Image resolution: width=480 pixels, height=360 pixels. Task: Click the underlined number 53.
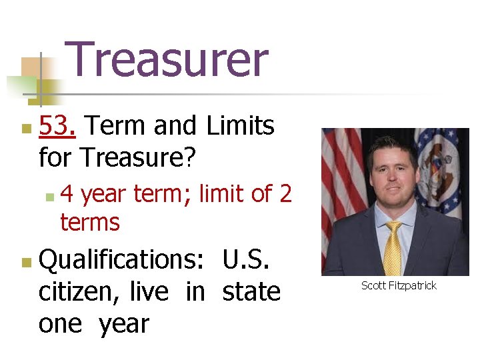[57, 125]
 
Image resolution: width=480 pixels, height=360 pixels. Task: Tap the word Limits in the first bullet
[241, 125]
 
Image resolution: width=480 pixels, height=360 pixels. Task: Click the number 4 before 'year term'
[67, 194]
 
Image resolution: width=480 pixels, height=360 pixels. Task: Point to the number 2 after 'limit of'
[285, 194]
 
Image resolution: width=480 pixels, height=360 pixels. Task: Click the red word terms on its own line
[90, 223]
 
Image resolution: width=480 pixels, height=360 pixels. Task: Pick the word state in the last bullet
[251, 292]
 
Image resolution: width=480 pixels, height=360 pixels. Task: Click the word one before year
[60, 324]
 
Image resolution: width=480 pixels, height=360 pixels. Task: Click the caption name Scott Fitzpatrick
[399, 285]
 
